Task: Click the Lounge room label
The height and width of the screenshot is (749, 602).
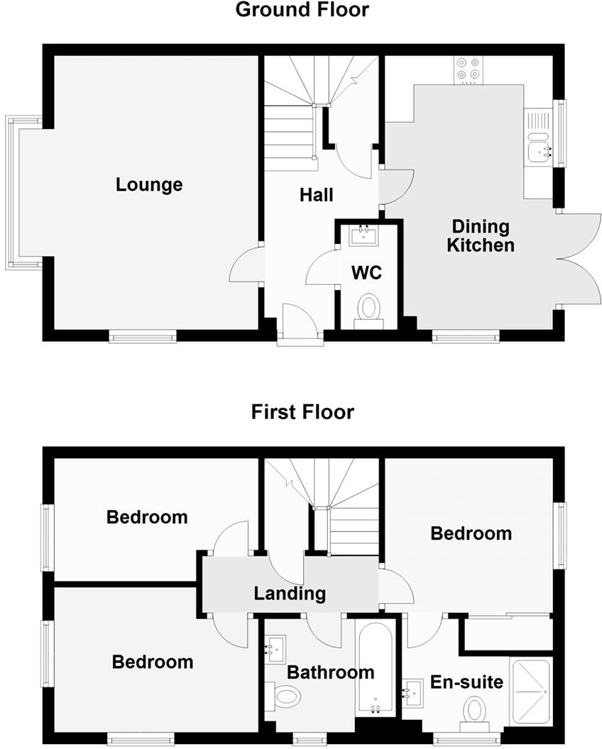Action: [x=149, y=185]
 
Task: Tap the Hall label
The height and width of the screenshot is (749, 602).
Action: [x=316, y=194]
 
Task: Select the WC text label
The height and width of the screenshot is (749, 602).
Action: [x=367, y=272]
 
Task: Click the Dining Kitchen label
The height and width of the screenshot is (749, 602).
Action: [x=483, y=236]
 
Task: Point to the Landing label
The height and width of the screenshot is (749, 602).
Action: [x=290, y=593]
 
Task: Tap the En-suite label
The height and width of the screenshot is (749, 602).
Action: [x=467, y=682]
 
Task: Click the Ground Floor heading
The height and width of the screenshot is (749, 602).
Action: [x=302, y=10]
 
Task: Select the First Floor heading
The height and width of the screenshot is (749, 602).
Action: [x=302, y=412]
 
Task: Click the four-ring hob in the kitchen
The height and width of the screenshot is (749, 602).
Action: [x=466, y=68]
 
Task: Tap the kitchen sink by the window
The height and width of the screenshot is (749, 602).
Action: [x=540, y=148]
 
